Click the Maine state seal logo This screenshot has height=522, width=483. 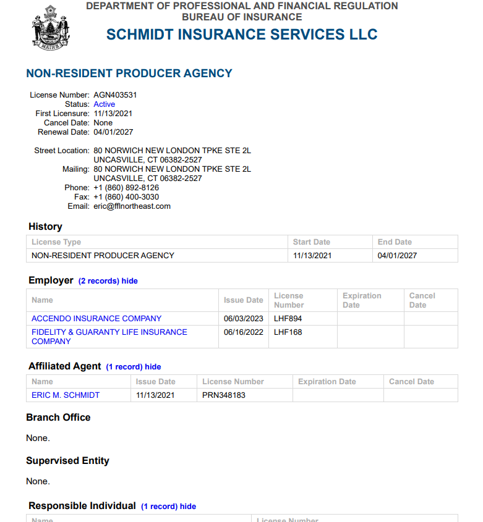(50, 27)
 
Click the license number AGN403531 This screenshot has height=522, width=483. (115, 95)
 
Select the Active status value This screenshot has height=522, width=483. (104, 104)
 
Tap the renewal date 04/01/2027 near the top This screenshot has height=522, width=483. (113, 132)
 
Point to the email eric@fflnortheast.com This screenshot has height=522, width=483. (132, 206)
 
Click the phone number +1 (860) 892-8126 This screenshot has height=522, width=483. (126, 188)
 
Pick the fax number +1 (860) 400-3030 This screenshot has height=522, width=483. (126, 197)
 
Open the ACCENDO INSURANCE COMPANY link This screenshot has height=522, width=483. (96, 319)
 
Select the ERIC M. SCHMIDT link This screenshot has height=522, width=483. (66, 395)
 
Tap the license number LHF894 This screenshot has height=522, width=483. (288, 319)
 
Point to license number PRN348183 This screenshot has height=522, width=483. (224, 395)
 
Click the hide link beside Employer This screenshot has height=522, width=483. (130, 281)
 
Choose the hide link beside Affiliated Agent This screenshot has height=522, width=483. (153, 367)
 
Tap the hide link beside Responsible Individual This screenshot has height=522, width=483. (188, 507)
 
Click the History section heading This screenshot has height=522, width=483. (45, 227)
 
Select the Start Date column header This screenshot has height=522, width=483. (312, 242)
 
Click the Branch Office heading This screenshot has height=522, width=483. (58, 418)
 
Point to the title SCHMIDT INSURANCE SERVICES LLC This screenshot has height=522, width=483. (242, 35)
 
